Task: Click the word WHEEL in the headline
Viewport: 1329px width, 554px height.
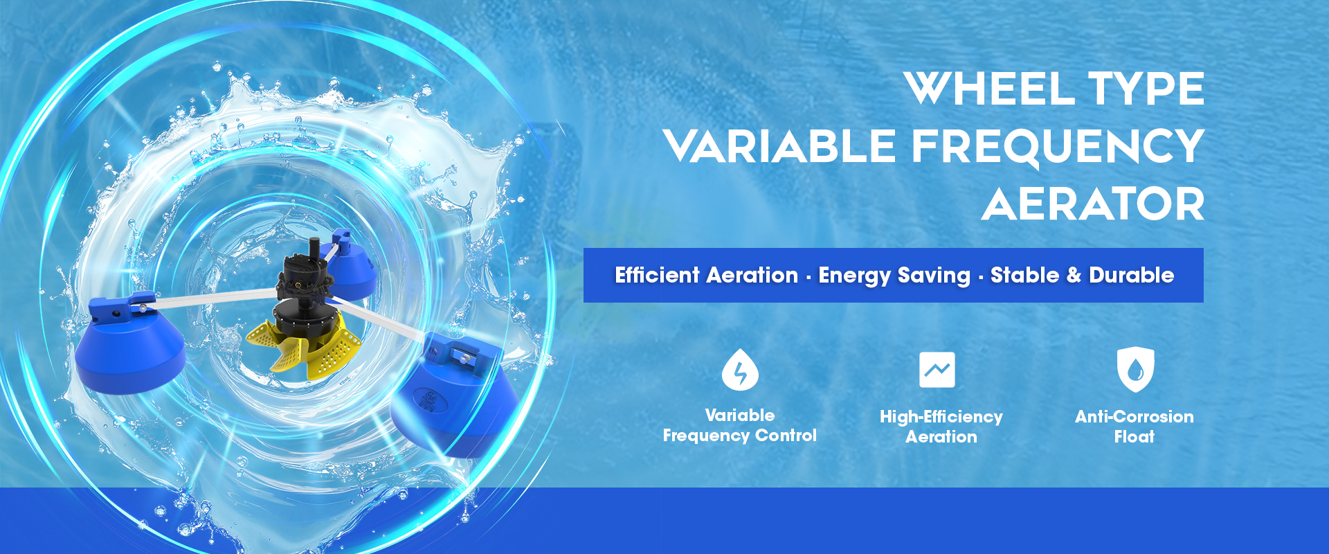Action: tap(988, 89)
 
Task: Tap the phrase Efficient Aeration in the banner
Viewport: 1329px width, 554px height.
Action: tap(707, 275)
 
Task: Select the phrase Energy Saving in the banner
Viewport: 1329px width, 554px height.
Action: tap(894, 276)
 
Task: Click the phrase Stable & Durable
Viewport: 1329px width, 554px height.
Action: tap(1083, 275)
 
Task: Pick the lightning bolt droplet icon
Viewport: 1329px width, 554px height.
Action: tap(740, 370)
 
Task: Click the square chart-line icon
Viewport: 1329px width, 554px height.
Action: tap(937, 370)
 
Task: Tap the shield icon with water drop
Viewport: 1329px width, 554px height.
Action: tap(1135, 369)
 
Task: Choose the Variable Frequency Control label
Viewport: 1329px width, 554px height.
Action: tap(740, 425)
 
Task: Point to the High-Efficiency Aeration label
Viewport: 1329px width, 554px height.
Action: tap(941, 427)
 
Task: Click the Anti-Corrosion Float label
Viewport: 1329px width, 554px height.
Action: tap(1134, 427)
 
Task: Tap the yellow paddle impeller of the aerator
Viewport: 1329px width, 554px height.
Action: tap(305, 346)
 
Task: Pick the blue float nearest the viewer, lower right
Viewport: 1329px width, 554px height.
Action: tap(453, 395)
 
